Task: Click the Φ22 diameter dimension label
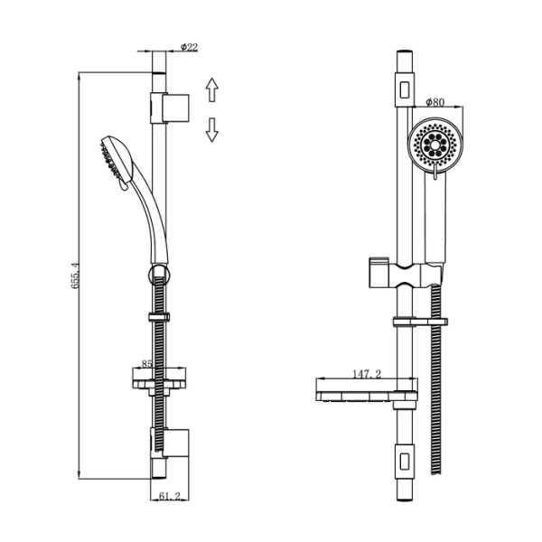point(190,47)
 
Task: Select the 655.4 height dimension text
point(75,276)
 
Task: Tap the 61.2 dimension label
point(170,496)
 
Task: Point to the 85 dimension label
point(147,364)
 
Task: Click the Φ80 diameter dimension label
point(435,102)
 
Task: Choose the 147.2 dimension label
point(367,374)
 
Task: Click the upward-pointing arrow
point(212,89)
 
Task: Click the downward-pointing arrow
point(212,130)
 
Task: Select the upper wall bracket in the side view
point(170,107)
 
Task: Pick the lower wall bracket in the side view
point(170,444)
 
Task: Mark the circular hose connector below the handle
point(159,276)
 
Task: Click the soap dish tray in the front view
point(367,397)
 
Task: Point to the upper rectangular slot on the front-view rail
point(405,89)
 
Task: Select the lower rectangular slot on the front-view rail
point(405,461)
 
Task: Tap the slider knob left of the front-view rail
point(379,272)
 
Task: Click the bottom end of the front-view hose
point(436,474)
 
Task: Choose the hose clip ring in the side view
point(159,317)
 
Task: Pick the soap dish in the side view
point(159,381)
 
